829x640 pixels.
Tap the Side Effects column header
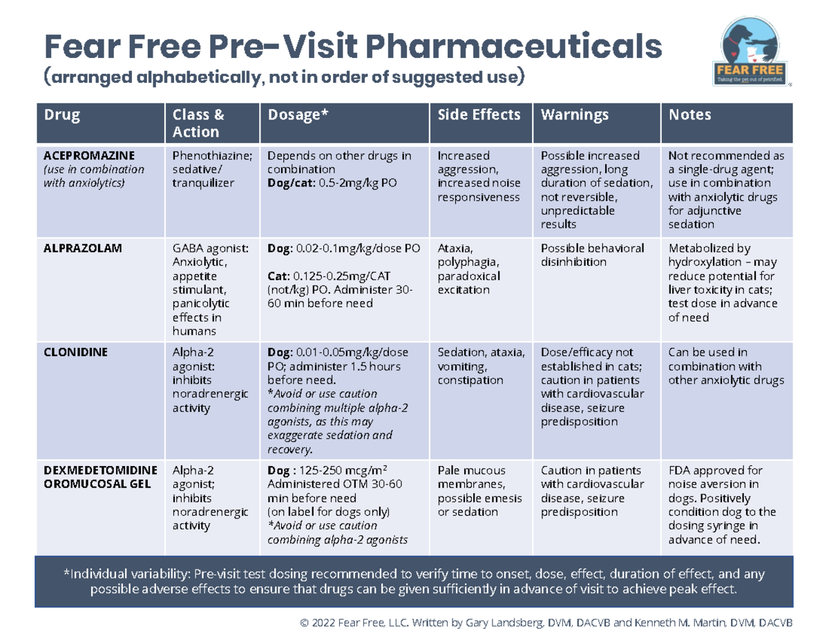coord(479,115)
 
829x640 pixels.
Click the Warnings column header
coord(575,115)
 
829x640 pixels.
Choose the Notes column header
coord(690,115)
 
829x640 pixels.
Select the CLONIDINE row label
coord(75,352)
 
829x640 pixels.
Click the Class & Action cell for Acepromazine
coord(205,169)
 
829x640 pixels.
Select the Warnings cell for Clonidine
coord(593,387)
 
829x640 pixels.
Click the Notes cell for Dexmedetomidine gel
coord(722,505)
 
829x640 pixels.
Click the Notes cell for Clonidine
coord(725,366)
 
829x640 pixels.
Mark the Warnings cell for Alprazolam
coord(592,255)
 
